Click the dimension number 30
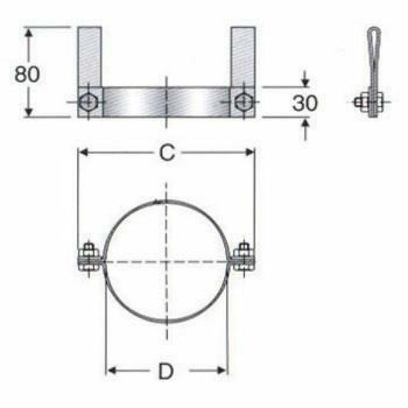coord(306,102)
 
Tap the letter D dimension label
coord(166,372)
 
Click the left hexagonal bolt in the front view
coord(89,101)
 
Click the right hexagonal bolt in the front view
coord(243,101)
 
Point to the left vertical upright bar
coord(89,58)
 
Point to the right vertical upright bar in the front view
coord(243,58)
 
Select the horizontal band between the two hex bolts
coord(166,101)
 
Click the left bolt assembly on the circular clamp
coord(87,258)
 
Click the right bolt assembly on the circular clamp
coord(244,258)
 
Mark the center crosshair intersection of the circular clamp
coord(166,263)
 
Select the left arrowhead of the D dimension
coord(109,372)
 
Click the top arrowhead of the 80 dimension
coord(29,32)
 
